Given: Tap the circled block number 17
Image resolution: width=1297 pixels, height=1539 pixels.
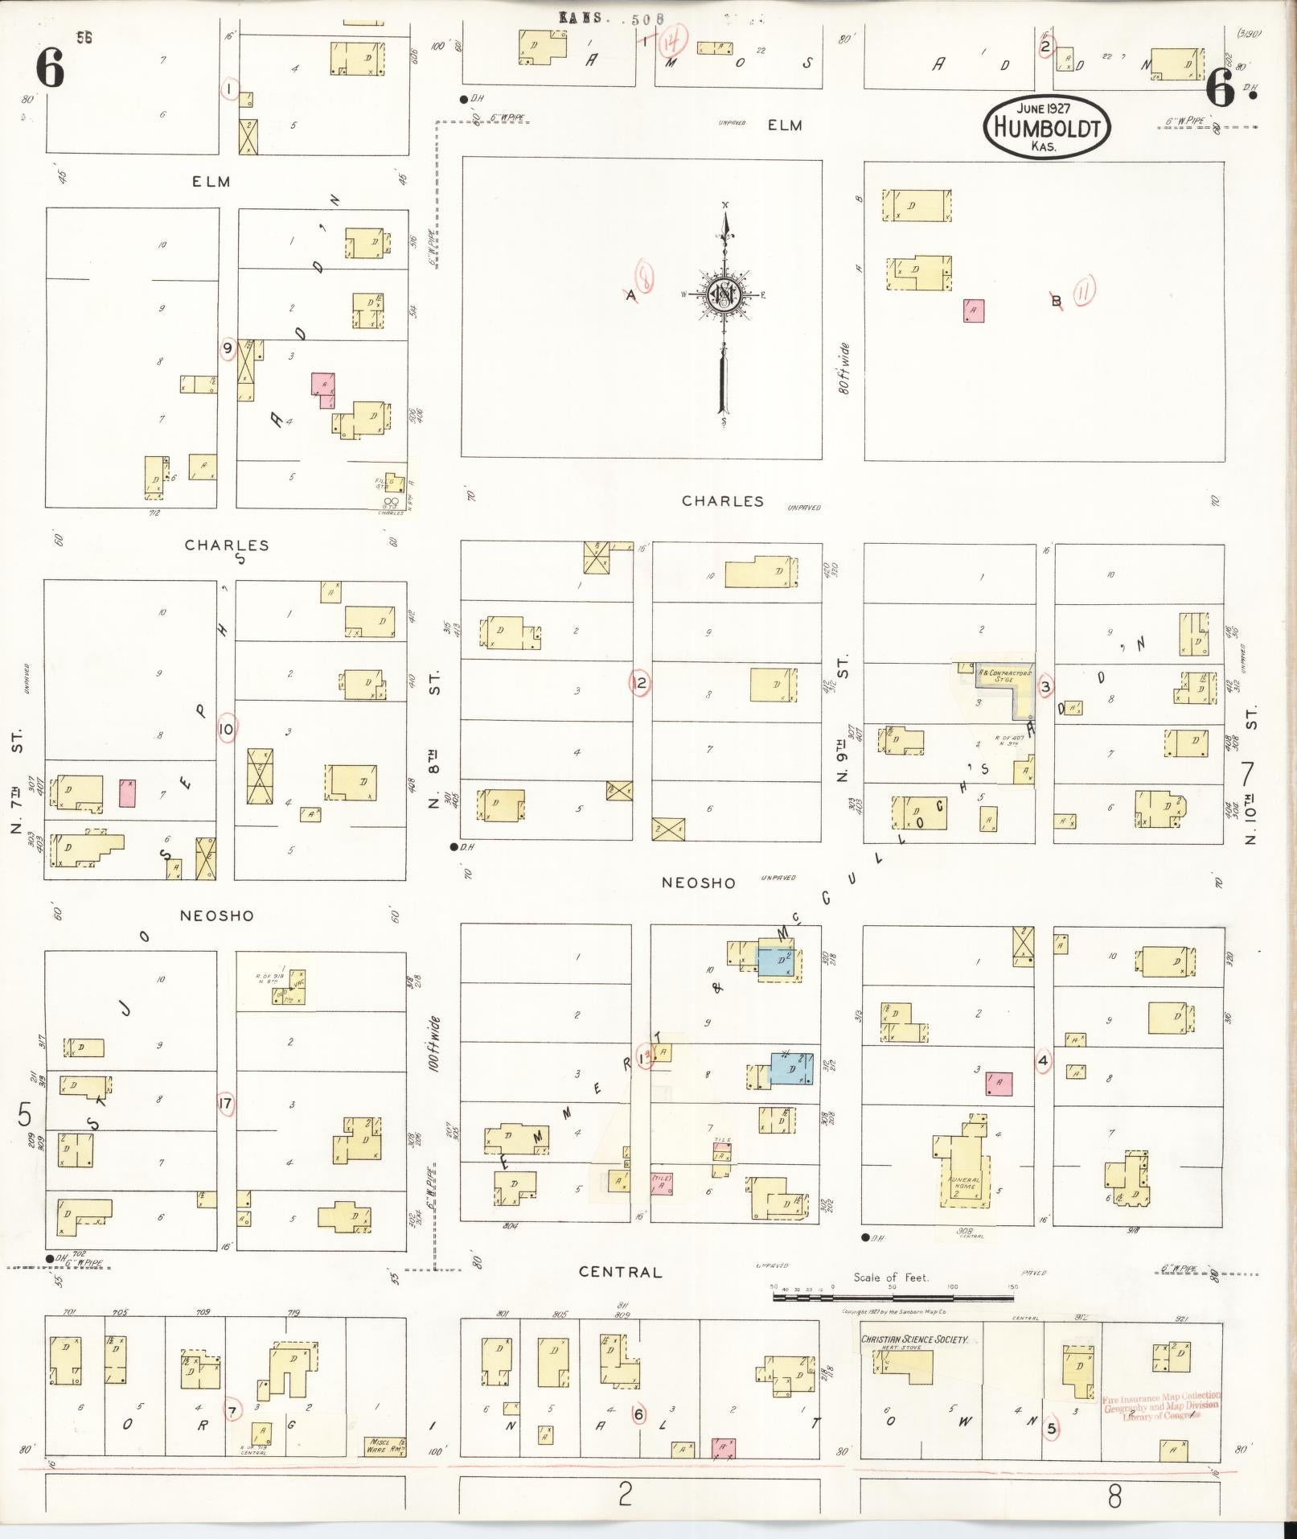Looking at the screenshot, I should pos(226,1105).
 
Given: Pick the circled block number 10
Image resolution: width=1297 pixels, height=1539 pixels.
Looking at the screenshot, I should pos(226,730).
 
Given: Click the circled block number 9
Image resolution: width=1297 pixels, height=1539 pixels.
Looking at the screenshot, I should pos(228,348).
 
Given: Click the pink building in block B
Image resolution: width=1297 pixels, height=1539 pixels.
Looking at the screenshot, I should pos(974,311).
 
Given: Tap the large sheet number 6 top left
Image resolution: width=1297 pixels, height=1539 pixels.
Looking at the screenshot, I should pos(50,68).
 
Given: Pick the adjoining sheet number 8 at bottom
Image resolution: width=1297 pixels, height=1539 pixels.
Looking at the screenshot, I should pos(1114,1496).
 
